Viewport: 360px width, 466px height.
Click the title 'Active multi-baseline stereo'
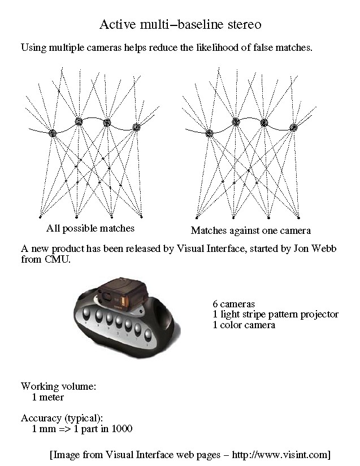(180, 25)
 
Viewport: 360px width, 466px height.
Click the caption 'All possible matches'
(90, 229)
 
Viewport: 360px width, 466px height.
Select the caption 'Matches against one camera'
(250, 230)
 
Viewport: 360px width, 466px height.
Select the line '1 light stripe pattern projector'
(275, 315)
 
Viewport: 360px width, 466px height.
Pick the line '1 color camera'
(244, 325)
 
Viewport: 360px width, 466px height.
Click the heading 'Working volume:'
(59, 387)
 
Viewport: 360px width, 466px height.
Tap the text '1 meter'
(47, 397)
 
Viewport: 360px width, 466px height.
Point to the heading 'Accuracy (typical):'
(62, 419)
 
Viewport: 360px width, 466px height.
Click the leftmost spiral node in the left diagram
(52, 133)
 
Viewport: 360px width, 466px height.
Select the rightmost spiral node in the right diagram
(293, 128)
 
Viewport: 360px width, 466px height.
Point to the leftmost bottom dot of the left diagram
(40, 216)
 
